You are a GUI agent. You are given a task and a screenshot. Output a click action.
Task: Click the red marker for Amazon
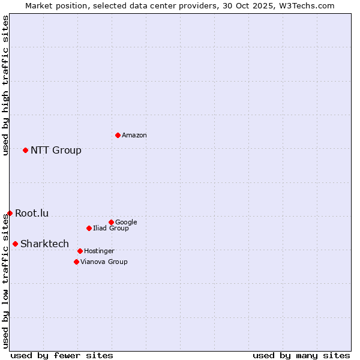118,135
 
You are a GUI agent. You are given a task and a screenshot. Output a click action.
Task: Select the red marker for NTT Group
25,150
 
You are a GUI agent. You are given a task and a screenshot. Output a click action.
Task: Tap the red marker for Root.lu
10,213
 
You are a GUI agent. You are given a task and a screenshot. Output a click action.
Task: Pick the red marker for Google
111,222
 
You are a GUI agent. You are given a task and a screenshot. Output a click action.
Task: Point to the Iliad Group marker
89,228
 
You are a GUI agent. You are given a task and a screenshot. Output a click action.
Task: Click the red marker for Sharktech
15,244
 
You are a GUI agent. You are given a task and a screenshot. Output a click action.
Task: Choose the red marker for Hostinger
80,251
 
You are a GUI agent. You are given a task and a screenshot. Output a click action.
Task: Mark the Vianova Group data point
76,262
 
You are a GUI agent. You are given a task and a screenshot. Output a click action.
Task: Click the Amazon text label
134,136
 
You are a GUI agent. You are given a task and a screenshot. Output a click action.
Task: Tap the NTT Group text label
56,151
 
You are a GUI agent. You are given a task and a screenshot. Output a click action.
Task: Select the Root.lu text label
32,214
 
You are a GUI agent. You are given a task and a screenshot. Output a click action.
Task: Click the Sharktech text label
44,244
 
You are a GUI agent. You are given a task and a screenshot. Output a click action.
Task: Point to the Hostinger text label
99,251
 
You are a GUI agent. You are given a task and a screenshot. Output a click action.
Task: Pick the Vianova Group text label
104,262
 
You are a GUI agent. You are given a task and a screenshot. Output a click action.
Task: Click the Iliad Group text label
111,229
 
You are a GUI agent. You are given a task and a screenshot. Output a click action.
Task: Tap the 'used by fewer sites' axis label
62,355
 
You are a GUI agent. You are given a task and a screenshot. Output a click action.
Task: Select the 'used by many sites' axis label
301,355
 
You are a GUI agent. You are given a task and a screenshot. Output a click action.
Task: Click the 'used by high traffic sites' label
6,85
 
